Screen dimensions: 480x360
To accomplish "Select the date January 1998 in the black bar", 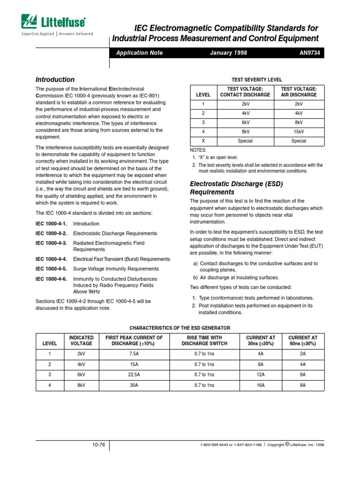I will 229,53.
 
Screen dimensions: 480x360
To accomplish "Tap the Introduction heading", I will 55,80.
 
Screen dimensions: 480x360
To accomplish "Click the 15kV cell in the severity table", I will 299,132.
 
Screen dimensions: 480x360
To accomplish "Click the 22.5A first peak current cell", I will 134,375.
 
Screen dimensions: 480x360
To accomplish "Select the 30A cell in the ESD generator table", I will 134,385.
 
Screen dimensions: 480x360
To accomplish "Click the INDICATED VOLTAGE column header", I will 82,340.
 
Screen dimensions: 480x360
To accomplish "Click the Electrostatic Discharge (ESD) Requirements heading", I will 236,188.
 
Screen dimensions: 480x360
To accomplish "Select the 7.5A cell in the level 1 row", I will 134,353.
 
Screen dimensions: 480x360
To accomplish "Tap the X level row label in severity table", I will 203,141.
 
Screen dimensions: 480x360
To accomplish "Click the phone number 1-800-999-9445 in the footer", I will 216,445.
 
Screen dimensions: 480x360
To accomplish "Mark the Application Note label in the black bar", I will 139,53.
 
